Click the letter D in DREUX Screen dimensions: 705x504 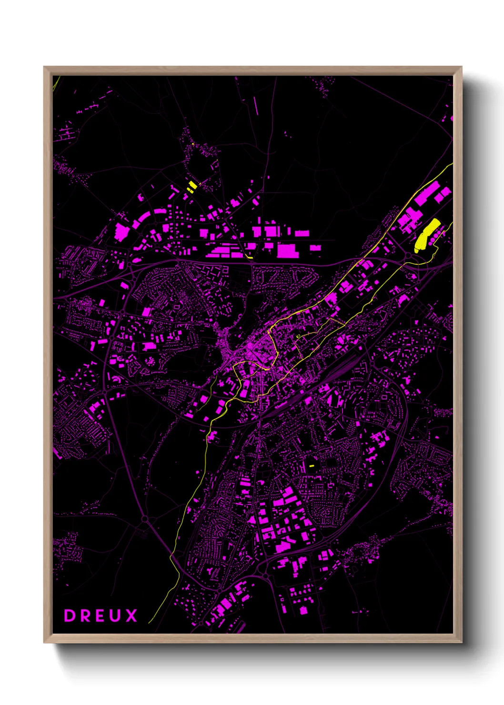[x=70, y=615]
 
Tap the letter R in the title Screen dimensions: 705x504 [x=85, y=615]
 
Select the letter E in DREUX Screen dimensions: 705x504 [x=100, y=615]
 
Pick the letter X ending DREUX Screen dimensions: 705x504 [x=131, y=615]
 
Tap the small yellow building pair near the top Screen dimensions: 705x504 [x=192, y=186]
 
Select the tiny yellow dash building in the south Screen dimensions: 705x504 [x=312, y=465]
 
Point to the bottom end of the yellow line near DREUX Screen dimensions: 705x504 [x=149, y=622]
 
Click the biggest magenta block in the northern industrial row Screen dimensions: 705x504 [x=288, y=251]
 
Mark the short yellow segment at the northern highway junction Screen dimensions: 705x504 [x=249, y=257]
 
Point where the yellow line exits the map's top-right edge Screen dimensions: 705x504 [x=452, y=164]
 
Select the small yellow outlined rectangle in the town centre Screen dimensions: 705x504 [x=299, y=336]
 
